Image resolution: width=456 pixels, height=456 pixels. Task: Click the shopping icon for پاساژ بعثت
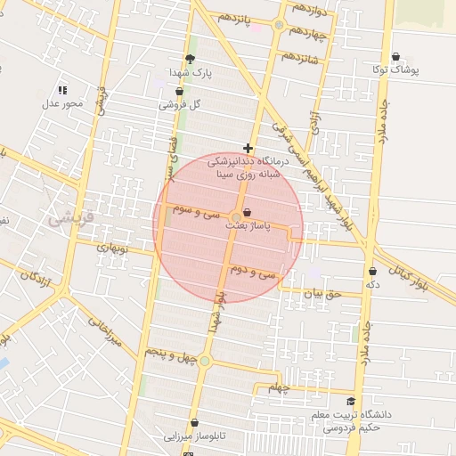coord(247,212)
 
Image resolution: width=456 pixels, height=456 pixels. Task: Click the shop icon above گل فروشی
coord(180,90)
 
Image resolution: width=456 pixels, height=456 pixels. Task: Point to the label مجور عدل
coord(61,104)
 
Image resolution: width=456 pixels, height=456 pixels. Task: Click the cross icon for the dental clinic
coord(248,147)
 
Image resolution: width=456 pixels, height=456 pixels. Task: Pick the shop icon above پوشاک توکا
coord(395,56)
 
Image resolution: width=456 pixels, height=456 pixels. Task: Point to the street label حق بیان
coord(321,291)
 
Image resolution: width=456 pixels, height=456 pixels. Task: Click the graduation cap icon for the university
coord(351,402)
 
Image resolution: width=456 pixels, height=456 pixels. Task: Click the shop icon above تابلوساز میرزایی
coord(193,423)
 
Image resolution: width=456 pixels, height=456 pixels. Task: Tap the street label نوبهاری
coord(113,248)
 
